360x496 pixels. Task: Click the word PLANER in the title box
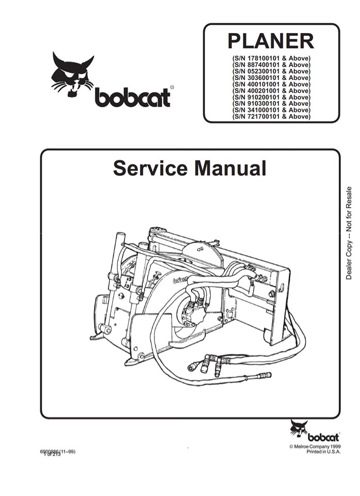click(271, 41)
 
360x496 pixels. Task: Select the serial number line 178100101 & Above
click(271, 58)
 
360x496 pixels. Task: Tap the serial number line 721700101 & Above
click(271, 117)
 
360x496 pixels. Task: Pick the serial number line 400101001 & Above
click(271, 84)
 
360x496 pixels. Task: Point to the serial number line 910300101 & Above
click(271, 104)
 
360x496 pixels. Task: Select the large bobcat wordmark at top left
click(132, 97)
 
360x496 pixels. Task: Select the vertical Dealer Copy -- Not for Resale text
click(349, 233)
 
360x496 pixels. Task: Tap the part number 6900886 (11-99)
click(57, 451)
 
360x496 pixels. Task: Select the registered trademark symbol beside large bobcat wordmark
click(171, 88)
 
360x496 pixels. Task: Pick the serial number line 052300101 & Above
click(271, 71)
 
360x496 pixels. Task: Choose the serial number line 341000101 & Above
click(271, 110)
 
